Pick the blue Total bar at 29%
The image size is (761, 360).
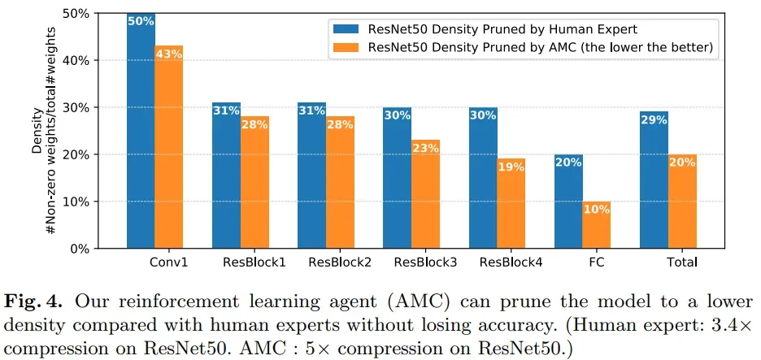point(654,183)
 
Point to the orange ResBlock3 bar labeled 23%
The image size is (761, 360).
point(425,195)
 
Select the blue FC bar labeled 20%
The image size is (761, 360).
point(568,203)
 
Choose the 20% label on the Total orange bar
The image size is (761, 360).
point(682,162)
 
